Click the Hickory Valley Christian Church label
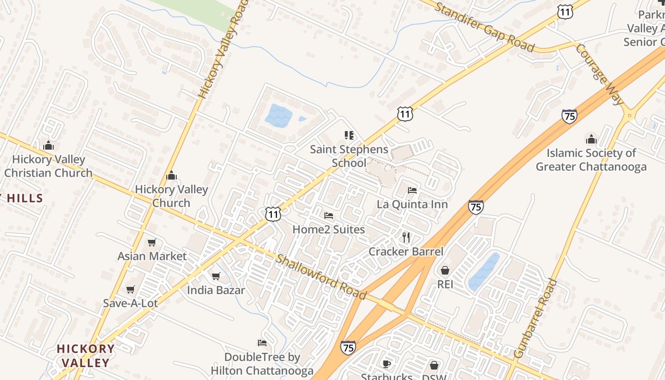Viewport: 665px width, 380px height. (48, 166)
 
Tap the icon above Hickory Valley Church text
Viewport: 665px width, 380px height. (171, 176)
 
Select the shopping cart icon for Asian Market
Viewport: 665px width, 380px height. (152, 243)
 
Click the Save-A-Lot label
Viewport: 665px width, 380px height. (130, 303)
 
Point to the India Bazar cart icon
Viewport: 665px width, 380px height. (216, 276)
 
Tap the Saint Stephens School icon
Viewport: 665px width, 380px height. (349, 135)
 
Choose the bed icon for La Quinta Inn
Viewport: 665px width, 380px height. (412, 190)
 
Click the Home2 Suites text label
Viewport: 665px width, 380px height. (329, 229)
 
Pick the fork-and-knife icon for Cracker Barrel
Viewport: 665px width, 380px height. (406, 237)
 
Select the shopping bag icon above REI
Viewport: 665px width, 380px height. (445, 270)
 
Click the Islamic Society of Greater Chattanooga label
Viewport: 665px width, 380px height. (591, 160)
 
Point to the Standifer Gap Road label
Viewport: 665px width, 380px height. (484, 27)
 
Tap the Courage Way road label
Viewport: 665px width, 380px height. (600, 74)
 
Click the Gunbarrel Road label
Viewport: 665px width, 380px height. (535, 318)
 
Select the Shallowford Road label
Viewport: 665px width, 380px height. (321, 277)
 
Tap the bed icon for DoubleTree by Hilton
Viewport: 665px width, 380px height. (262, 342)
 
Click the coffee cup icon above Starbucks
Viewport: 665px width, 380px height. (387, 364)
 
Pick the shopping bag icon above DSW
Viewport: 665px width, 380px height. (434, 365)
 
